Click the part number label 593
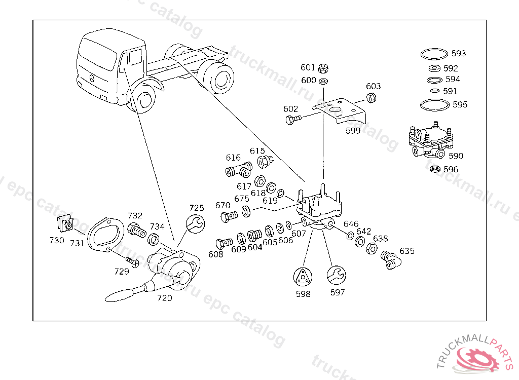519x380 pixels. point(459,53)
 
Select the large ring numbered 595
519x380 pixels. point(434,105)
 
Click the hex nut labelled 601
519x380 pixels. point(324,68)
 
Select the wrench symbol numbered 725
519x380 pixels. point(196,223)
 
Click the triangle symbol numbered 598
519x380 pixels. point(303,277)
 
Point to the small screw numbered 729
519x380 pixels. point(133,262)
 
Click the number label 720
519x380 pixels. point(165,298)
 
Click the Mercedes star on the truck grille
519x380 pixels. point(92,78)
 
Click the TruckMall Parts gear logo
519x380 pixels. point(477,359)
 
